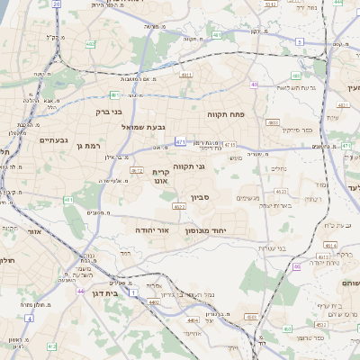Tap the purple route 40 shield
pyautogui.click(x=255, y=85)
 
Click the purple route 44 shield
pyautogui.click(x=81, y=291)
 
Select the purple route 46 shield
pyautogui.click(x=296, y=266)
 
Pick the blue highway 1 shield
pyautogui.click(x=135, y=292)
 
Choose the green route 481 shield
pyautogui.click(x=114, y=94)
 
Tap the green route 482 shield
pyautogui.click(x=91, y=42)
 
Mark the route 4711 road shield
pyautogui.click(x=230, y=144)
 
